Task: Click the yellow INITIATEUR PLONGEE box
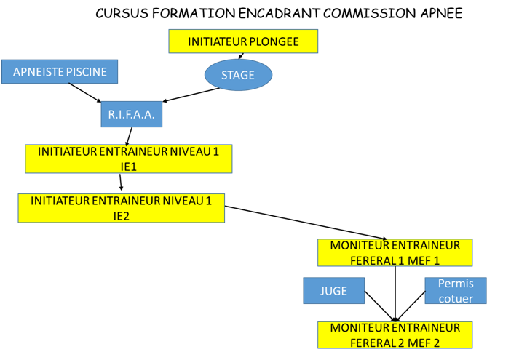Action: [243, 41]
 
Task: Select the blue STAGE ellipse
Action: [238, 74]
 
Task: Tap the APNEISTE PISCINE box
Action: [59, 71]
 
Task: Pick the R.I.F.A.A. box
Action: [131, 115]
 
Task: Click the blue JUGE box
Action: [333, 291]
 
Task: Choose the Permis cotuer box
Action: [456, 291]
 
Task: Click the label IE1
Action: [129, 167]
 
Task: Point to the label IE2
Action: [122, 215]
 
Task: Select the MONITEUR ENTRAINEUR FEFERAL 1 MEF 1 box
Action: [395, 252]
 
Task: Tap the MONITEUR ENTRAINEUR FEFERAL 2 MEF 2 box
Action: [395, 335]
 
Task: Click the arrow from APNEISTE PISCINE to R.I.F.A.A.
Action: [85, 92]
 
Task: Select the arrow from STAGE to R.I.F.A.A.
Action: [191, 95]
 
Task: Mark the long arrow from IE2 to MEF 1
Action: [306, 223]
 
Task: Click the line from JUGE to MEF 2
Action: [379, 305]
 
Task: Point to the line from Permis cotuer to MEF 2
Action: [411, 305]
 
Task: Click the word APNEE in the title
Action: [440, 14]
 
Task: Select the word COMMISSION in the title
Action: [365, 14]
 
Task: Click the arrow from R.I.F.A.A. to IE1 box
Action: [129, 135]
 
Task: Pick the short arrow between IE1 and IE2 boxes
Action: [121, 183]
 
